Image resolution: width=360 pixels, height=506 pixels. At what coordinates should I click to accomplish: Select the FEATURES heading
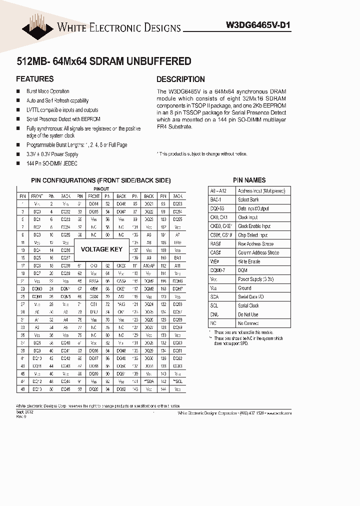click(x=34, y=79)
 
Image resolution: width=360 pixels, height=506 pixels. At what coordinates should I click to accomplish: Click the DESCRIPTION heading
click(x=180, y=79)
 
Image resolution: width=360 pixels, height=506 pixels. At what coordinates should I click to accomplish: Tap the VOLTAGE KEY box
click(x=101, y=249)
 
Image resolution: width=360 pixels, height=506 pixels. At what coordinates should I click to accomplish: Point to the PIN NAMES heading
click(x=249, y=180)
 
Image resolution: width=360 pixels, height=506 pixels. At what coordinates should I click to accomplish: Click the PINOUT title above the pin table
click(x=101, y=189)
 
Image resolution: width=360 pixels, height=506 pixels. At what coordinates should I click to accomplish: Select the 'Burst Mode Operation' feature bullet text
click(x=48, y=91)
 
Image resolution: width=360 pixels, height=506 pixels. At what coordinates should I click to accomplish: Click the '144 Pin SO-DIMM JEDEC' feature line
click(x=52, y=163)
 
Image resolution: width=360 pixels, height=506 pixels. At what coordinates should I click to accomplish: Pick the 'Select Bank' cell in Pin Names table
click(x=248, y=200)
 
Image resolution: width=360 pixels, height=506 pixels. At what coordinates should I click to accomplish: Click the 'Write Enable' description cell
click(x=249, y=261)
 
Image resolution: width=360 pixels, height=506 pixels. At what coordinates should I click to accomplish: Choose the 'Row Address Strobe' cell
click(x=255, y=244)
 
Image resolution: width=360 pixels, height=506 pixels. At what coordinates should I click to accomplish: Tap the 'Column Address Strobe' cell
click(x=258, y=253)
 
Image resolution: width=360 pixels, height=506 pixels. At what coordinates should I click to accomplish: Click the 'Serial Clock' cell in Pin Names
click(x=248, y=305)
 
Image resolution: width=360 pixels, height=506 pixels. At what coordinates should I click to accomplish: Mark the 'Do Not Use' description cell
click(x=248, y=314)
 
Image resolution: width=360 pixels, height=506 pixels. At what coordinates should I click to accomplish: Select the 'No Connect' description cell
click(x=248, y=323)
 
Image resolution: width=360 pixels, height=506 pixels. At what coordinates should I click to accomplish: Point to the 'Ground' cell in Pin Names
click(x=244, y=288)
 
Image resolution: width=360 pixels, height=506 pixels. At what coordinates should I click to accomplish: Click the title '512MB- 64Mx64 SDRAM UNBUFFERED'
click(x=103, y=61)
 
